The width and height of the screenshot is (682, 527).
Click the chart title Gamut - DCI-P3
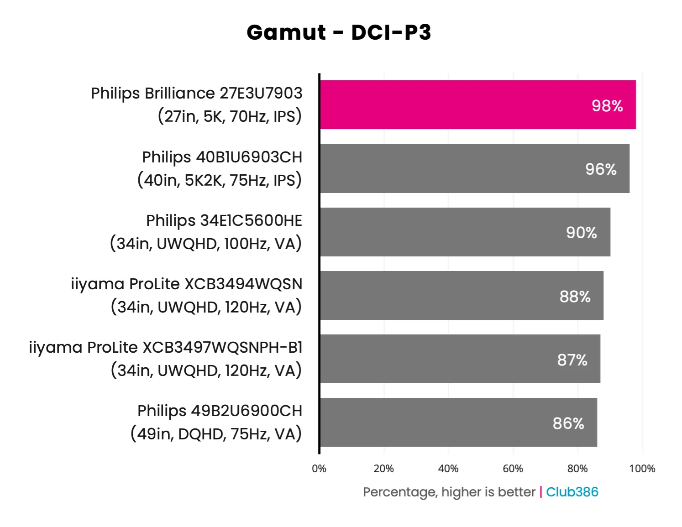pyautogui.click(x=339, y=32)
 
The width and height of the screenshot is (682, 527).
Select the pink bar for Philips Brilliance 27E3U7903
pyautogui.click(x=456, y=105)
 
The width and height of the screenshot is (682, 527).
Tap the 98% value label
pyautogui.click(x=607, y=106)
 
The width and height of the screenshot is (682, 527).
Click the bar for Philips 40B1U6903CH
pyautogui.click(x=456, y=169)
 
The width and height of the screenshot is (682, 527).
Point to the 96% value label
pyautogui.click(x=601, y=169)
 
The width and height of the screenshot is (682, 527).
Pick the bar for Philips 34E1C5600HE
pyautogui.click(x=447, y=232)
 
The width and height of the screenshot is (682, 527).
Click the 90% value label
pyautogui.click(x=582, y=233)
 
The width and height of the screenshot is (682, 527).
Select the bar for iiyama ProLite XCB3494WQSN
pyautogui.click(x=443, y=296)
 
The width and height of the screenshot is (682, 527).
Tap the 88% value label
pyautogui.click(x=575, y=297)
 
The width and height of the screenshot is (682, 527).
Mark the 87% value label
pyautogui.click(x=572, y=360)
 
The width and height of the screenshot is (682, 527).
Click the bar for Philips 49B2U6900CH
pyautogui.click(x=438, y=423)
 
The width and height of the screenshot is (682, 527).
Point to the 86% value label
pyautogui.click(x=568, y=423)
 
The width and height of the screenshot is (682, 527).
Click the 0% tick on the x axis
pyautogui.click(x=319, y=469)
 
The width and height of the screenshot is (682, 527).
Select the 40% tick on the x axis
pyautogui.click(x=448, y=469)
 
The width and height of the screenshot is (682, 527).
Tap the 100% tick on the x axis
pyautogui.click(x=642, y=469)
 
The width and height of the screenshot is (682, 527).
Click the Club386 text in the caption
pyautogui.click(x=572, y=492)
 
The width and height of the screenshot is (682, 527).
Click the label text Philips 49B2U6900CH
pyautogui.click(x=220, y=411)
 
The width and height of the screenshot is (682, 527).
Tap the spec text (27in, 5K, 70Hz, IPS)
pyautogui.click(x=230, y=116)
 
